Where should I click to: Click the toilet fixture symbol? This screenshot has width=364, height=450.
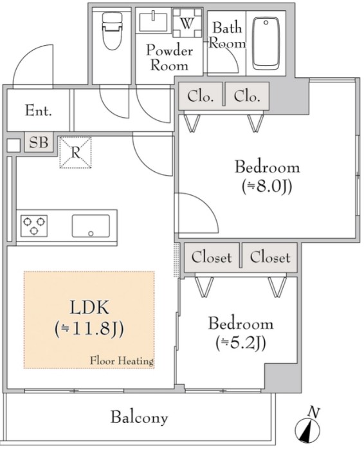tap(112, 31)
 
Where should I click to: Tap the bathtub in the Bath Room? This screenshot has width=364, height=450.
tap(266, 43)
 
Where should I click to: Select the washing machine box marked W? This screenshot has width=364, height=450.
tap(187, 23)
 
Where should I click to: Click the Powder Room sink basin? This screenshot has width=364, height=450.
tap(153, 22)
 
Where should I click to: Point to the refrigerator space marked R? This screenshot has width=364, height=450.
tap(75, 153)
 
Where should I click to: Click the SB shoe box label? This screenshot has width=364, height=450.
tap(39, 142)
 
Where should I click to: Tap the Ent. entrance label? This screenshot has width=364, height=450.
tap(39, 111)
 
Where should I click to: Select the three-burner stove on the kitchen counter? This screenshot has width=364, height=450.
tap(34, 226)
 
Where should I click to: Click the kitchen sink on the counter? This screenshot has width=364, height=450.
tap(91, 226)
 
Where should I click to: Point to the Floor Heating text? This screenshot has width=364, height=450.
tap(122, 361)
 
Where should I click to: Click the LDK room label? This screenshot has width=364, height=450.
tap(89, 307)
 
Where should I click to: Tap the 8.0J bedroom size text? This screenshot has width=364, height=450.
tap(267, 187)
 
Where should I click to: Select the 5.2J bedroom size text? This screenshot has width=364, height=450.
tap(241, 342)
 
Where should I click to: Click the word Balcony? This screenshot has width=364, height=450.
tap(139, 417)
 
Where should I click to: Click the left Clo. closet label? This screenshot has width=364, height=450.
tap(201, 97)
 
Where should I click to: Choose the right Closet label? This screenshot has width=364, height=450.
tap(270, 257)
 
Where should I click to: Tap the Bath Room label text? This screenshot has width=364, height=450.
tap(227, 35)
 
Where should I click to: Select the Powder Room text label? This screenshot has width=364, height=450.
tap(169, 58)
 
